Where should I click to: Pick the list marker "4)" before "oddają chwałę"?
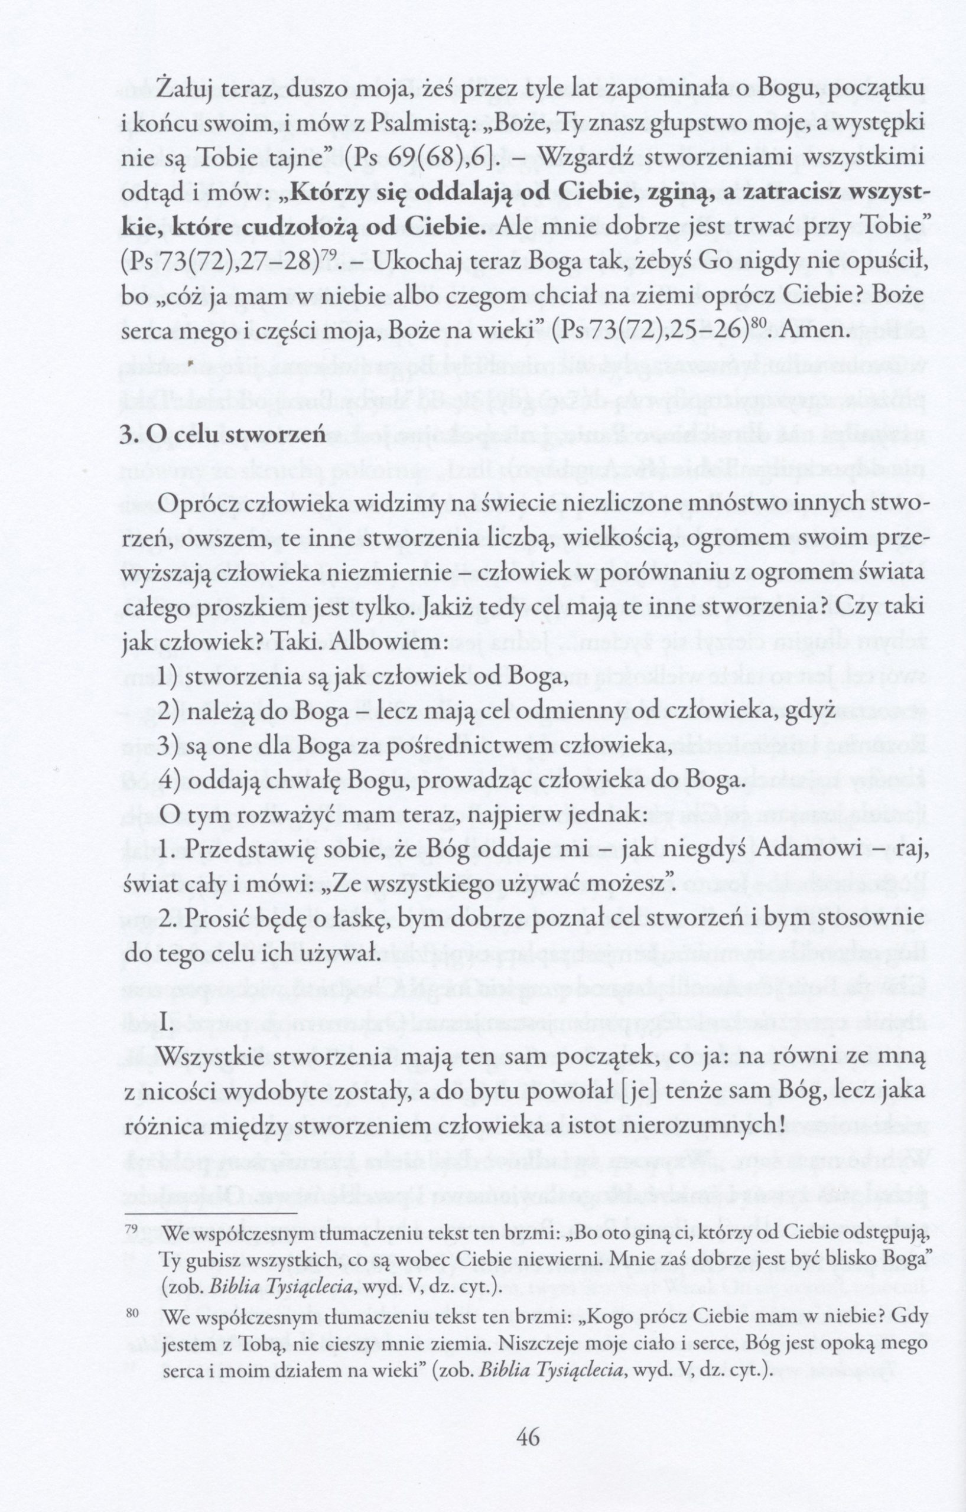click(x=170, y=781)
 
